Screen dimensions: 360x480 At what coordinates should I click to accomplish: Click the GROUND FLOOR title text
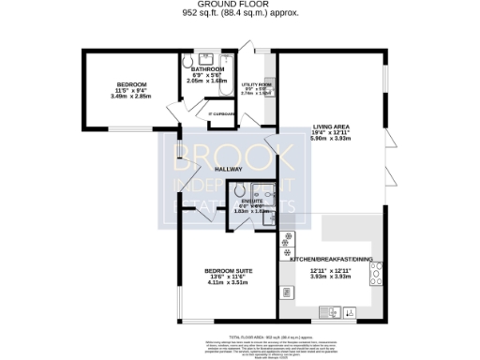point(239,5)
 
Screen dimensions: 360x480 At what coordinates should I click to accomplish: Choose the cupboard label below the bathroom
point(221,114)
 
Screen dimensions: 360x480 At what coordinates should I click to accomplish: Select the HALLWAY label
point(229,169)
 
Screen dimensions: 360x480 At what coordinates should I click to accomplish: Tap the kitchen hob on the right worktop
point(377,273)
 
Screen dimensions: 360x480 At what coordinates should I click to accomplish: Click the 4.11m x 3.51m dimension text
point(225,284)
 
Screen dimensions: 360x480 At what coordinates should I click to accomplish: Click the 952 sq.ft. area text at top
point(239,14)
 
